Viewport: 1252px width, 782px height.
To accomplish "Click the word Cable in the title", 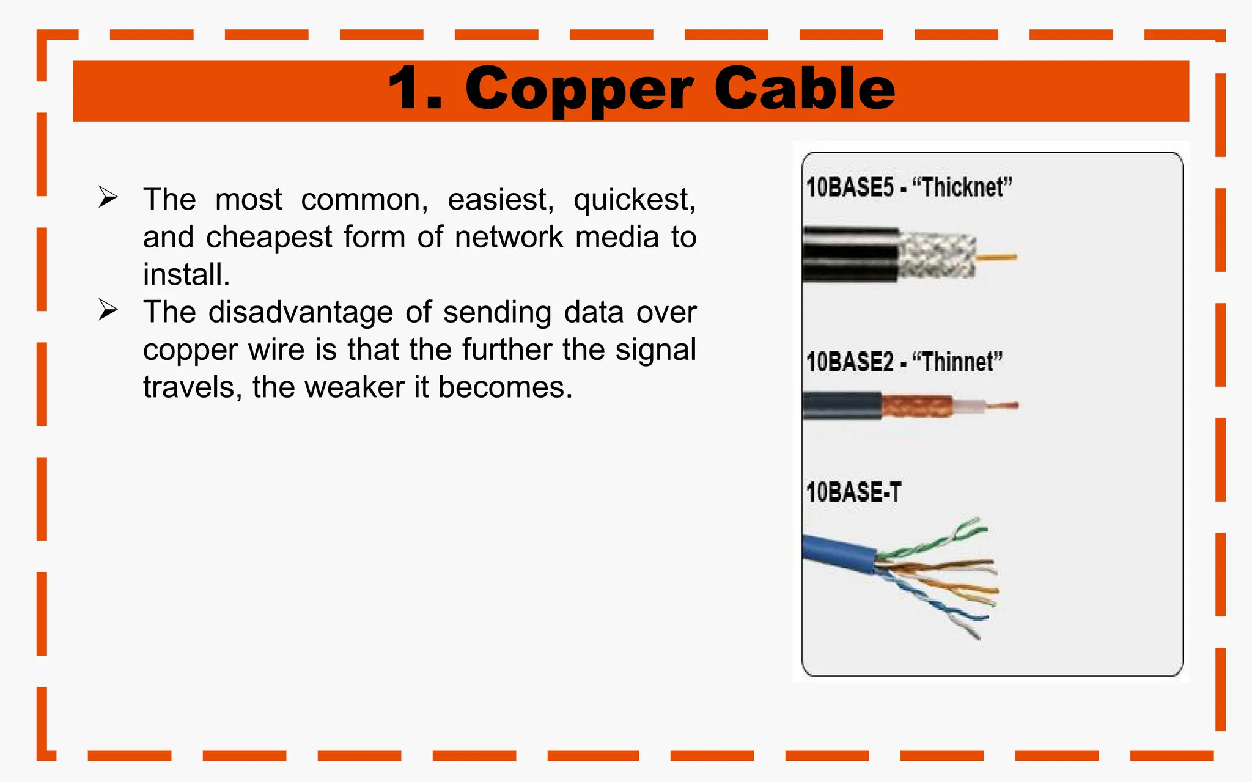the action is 804,90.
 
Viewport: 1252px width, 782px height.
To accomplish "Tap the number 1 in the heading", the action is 408,90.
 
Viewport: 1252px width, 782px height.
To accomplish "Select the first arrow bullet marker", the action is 108,197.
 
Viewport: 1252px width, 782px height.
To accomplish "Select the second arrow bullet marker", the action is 108,310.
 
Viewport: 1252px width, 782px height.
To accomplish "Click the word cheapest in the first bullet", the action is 269,238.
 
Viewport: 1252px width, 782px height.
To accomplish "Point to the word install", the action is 186,275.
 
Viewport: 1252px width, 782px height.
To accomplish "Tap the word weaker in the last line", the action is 354,388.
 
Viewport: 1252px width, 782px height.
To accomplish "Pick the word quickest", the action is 634,200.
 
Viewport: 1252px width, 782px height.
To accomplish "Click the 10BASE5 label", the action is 850,188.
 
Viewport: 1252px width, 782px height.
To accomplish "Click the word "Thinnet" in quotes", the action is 957,362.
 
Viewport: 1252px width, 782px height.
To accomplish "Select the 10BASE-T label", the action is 853,492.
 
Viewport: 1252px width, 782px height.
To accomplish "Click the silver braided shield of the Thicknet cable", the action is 937,255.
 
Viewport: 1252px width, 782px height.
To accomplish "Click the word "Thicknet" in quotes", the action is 962,188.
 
